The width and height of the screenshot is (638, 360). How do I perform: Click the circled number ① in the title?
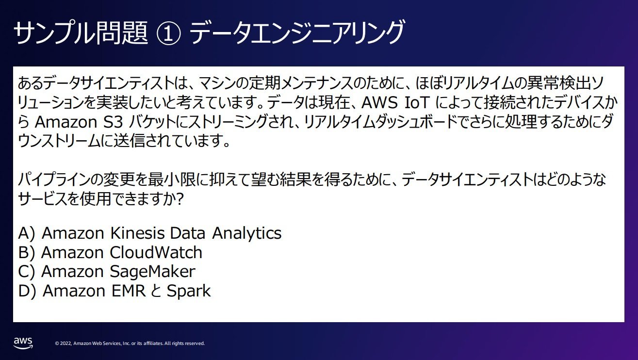[x=168, y=33]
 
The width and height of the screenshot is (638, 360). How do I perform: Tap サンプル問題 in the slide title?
[x=81, y=33]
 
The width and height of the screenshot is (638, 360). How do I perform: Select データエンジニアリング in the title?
[x=297, y=33]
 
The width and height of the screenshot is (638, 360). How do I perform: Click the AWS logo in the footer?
[x=23, y=343]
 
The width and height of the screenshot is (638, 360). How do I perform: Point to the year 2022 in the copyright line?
[x=66, y=344]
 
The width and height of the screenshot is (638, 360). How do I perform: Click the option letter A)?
[x=27, y=233]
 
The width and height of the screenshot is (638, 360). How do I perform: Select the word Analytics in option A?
[x=246, y=233]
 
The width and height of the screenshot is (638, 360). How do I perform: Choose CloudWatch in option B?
[x=156, y=252]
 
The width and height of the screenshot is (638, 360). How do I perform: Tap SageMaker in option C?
[x=153, y=272]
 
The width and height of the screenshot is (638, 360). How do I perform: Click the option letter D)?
[x=27, y=291]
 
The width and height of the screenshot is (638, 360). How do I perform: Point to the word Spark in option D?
[x=189, y=291]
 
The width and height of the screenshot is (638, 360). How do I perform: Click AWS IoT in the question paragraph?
[x=395, y=103]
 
